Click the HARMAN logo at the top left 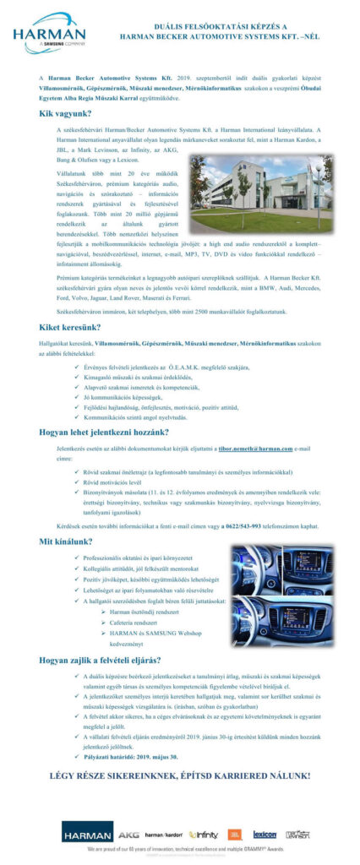pos(49,34)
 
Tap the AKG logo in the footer pos(128,835)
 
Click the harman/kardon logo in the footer pos(165,835)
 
